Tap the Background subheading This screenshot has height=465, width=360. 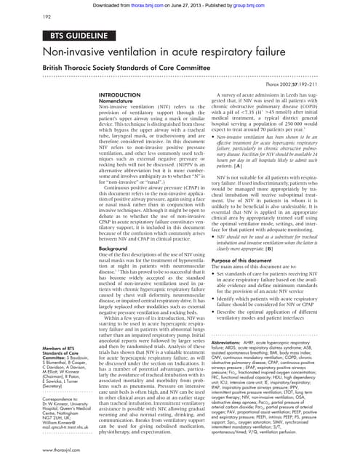coord(117,248)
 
